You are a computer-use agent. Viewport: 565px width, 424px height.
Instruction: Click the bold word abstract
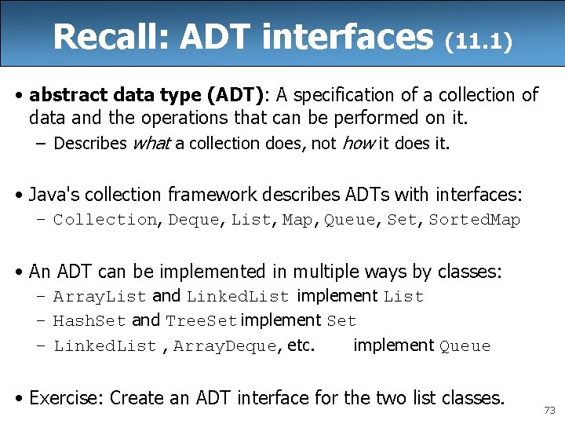66,95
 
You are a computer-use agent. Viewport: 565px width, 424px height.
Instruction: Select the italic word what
151,143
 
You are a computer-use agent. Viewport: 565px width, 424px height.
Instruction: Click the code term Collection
104,220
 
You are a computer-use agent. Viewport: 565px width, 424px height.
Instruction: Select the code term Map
297,220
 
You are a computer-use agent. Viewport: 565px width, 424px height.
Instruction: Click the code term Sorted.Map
474,220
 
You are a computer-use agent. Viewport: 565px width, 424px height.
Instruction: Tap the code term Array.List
100,297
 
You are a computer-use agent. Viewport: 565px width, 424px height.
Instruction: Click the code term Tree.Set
201,321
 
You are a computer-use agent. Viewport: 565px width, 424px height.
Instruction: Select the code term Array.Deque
225,346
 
